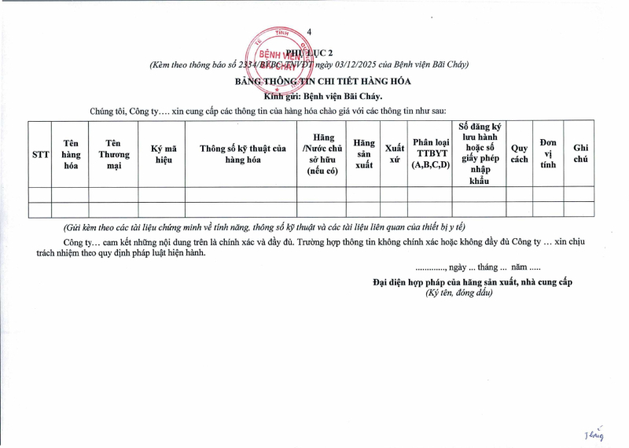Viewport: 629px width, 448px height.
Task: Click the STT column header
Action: pyautogui.click(x=40, y=154)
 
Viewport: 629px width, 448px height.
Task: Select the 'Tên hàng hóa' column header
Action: pyautogui.click(x=71, y=154)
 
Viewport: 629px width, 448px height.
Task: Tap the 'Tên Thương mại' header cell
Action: pyautogui.click(x=113, y=154)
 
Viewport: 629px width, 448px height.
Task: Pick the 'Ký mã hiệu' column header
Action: pyautogui.click(x=162, y=154)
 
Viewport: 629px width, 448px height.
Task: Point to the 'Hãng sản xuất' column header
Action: pyautogui.click(x=363, y=154)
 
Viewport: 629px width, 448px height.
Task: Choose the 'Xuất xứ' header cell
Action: pyautogui.click(x=395, y=154)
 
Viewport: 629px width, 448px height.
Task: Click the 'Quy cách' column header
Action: pyautogui.click(x=519, y=154)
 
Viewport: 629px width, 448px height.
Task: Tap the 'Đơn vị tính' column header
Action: pyautogui.click(x=548, y=154)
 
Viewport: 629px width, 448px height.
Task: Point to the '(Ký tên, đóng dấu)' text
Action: pyautogui.click(x=459, y=292)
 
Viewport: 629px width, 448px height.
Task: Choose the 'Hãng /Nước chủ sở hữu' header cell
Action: pyautogui.click(x=322, y=154)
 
